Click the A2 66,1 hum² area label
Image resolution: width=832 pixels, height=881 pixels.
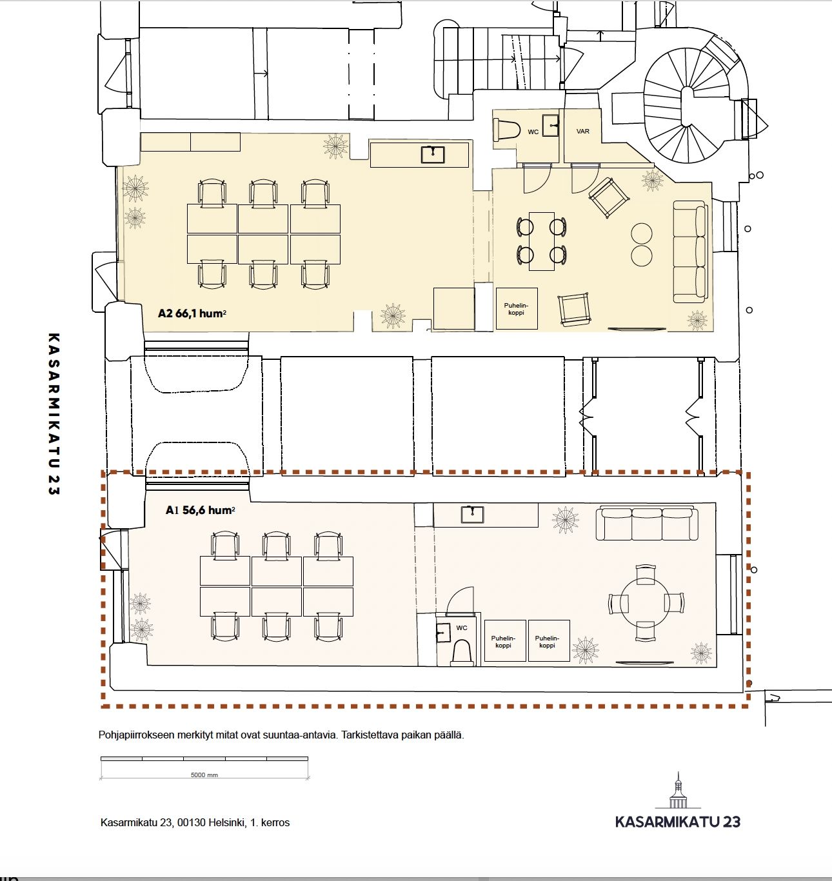[192, 313]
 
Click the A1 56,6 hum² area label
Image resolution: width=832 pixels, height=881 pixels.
[200, 510]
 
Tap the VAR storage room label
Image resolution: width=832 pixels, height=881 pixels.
[582, 132]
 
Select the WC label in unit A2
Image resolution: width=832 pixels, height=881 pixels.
[533, 132]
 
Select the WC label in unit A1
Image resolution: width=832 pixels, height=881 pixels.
[462, 628]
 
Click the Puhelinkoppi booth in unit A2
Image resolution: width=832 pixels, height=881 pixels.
[517, 309]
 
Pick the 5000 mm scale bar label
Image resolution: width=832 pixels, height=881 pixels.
[204, 775]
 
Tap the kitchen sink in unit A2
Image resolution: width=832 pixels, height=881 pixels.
[433, 155]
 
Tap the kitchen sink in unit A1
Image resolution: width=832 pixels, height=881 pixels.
[472, 515]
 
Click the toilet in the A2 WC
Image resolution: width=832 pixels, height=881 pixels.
[507, 130]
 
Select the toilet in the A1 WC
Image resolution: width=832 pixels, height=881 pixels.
[462, 653]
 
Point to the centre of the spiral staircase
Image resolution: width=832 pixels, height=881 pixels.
[687, 106]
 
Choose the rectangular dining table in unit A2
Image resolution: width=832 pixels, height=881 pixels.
[541, 241]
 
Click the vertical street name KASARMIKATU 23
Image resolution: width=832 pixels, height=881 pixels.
[54, 414]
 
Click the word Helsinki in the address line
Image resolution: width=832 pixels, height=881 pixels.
[227, 822]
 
